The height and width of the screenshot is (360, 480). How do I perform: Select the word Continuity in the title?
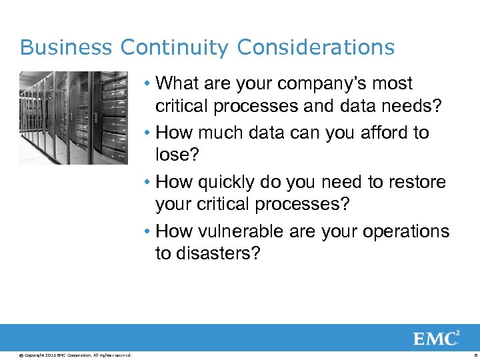tap(175, 48)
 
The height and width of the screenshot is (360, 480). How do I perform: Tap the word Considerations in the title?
tap(316, 48)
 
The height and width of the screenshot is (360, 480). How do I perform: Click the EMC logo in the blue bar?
tap(436, 338)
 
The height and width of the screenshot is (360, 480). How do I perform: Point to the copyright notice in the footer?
tap(75, 355)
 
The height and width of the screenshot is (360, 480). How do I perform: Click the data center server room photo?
tap(73, 117)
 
